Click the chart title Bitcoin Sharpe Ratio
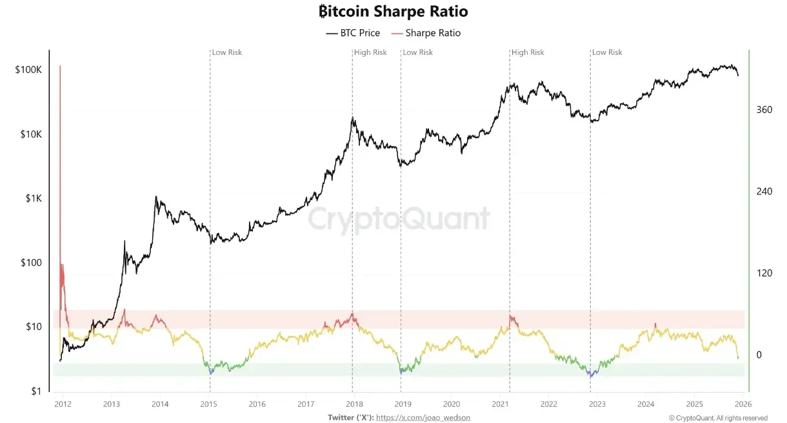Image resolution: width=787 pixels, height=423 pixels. (x=393, y=12)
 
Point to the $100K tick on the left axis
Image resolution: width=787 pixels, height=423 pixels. (x=28, y=70)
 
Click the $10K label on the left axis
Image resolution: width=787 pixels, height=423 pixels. (x=30, y=134)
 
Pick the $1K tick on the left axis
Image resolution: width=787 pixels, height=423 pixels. (x=32, y=198)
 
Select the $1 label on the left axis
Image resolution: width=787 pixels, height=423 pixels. (x=37, y=391)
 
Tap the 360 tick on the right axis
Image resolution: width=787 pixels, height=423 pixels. (x=764, y=110)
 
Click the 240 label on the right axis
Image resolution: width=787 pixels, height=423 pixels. (x=764, y=191)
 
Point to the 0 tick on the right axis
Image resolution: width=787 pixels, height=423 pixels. (x=759, y=355)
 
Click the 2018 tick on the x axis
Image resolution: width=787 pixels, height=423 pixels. (x=353, y=404)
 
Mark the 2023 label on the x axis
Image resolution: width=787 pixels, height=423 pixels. (x=596, y=404)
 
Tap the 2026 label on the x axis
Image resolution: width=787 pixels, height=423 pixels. (x=742, y=404)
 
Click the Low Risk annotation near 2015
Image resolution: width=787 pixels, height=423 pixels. (x=227, y=52)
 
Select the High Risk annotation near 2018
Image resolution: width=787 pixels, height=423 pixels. (x=371, y=52)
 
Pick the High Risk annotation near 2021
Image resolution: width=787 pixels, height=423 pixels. (x=528, y=52)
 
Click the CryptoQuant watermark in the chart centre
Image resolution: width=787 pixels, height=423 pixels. (x=399, y=219)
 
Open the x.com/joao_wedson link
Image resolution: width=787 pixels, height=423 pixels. (x=423, y=417)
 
